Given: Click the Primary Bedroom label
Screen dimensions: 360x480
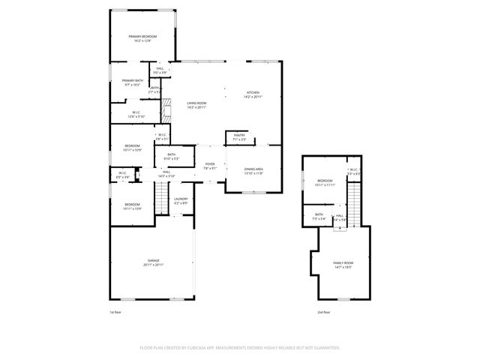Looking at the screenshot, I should tap(142, 37).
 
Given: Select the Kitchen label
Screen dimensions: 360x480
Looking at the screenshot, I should tap(253, 93).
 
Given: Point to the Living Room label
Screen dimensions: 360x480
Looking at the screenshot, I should tap(196, 104).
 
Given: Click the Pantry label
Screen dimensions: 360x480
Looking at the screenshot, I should tap(239, 135).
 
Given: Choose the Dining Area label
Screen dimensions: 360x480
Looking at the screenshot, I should tap(253, 169).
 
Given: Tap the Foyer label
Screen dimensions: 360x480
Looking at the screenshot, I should tap(210, 164).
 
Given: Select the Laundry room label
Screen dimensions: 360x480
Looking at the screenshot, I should tap(181, 199).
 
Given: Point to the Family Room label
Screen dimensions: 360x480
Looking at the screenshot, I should tap(343, 262).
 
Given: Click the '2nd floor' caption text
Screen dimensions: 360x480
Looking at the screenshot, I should tap(325, 311).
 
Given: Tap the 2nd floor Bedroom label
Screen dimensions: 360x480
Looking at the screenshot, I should tap(324, 181).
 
